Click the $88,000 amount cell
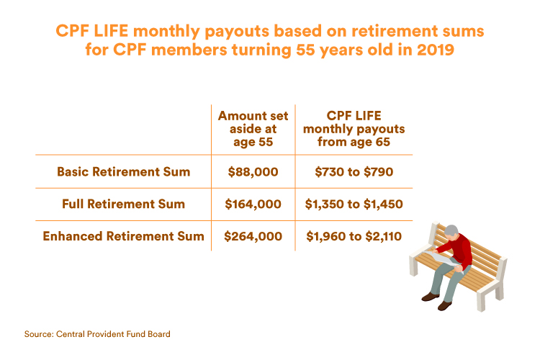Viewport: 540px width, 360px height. (253, 171)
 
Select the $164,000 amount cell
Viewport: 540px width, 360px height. (253, 204)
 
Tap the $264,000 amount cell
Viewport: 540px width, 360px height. (253, 236)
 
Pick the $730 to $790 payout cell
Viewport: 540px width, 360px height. (354, 171)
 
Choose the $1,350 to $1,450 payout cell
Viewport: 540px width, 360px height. (354, 204)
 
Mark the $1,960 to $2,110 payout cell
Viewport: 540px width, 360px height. (354, 236)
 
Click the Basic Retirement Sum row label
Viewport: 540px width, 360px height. (124, 171)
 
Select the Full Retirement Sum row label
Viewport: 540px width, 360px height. (124, 204)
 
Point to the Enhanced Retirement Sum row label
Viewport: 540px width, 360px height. (124, 236)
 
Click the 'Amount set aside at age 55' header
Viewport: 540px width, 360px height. (253, 129)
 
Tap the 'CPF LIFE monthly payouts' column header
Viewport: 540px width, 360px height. (354, 129)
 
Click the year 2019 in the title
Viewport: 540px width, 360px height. (436, 50)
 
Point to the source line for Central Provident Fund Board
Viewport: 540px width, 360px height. (97, 334)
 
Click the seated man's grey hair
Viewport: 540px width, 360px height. (451, 230)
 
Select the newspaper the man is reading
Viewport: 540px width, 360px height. (441, 258)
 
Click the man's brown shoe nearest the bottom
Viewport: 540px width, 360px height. (444, 305)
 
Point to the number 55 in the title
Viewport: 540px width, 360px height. (306, 50)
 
